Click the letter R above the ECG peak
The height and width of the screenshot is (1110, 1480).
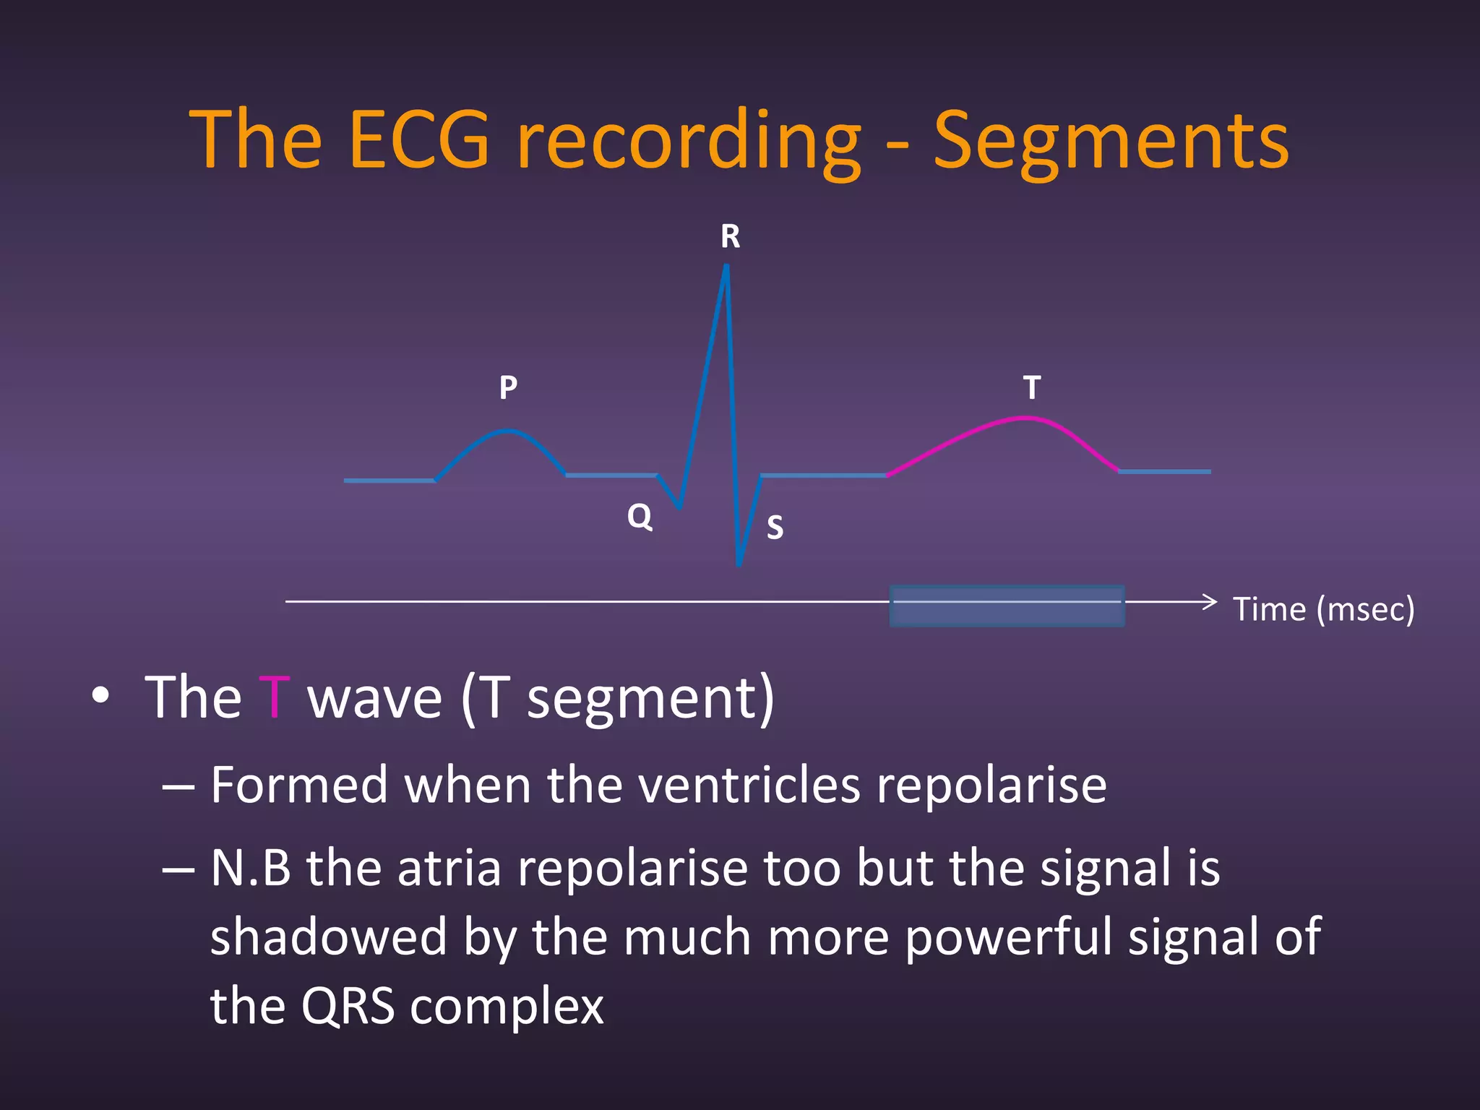point(730,237)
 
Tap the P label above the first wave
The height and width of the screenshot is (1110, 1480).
point(508,388)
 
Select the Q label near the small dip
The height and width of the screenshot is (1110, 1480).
point(640,516)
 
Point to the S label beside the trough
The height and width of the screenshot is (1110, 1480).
point(775,528)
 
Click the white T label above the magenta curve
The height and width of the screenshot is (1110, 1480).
point(1032,388)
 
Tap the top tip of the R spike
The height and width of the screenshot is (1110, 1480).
point(726,267)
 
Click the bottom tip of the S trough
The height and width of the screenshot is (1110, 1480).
point(739,564)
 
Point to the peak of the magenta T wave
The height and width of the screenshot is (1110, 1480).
point(1026,418)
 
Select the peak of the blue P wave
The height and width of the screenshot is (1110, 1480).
point(508,431)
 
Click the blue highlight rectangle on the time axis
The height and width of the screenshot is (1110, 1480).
point(1006,606)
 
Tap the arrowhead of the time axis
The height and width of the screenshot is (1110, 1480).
point(1212,601)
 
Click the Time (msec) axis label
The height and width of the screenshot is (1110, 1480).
point(1322,609)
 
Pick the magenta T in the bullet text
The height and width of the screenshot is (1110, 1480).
point(274,697)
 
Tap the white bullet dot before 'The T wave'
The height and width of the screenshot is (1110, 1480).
point(101,695)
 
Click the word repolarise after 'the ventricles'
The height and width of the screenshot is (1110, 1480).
point(991,786)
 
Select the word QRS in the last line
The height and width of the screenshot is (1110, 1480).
point(348,1006)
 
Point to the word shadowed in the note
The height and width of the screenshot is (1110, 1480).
point(329,937)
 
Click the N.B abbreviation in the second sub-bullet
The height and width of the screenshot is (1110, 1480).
point(251,868)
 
